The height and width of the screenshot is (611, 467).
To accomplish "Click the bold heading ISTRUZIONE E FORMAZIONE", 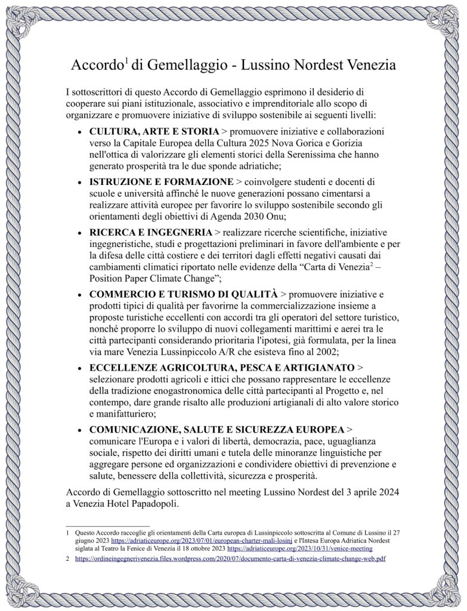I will (161, 181).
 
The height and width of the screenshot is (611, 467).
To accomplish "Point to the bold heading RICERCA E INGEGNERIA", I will (150, 232).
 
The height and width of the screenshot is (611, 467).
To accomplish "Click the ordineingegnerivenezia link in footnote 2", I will (230, 558).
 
